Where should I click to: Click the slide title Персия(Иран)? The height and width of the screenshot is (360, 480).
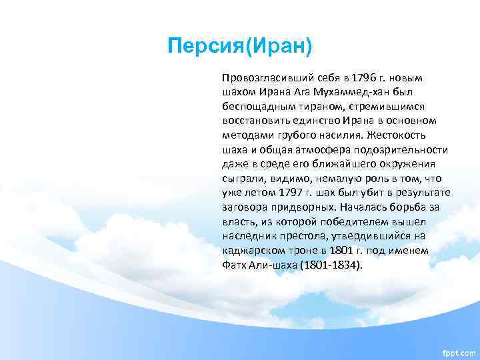[x=240, y=47]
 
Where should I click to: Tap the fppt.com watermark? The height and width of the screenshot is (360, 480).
[x=458, y=351]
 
